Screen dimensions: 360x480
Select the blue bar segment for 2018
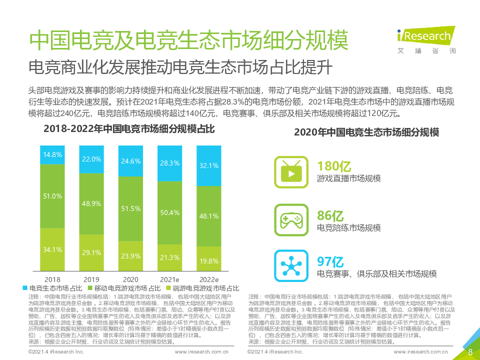coord(52,154)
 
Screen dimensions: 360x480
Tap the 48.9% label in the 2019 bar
coord(91,204)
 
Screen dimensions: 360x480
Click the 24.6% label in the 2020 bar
coord(130,161)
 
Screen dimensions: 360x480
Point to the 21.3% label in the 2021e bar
coord(170,257)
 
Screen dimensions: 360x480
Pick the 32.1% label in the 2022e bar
coord(209,165)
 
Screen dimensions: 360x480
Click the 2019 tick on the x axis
coord(91,279)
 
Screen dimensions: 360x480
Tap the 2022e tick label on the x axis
coord(209,279)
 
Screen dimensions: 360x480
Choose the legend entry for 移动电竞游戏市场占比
coord(123,288)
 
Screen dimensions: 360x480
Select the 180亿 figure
coord(334,165)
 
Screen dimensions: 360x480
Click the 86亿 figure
coord(330,216)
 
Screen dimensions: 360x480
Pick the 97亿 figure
coord(330,261)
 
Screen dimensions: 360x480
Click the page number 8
coord(470,351)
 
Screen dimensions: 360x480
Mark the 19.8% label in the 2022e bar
coord(209,261)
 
